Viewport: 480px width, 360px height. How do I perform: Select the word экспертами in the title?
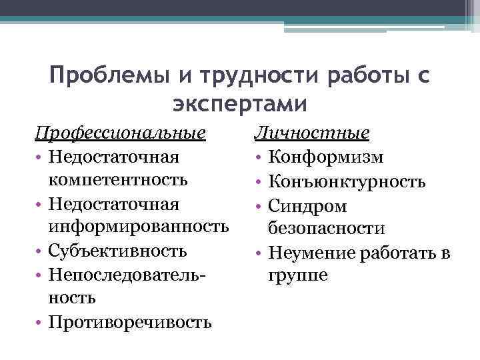click(x=240, y=104)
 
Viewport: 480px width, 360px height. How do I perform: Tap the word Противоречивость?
click(x=130, y=323)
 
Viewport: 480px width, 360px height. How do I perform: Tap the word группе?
click(x=298, y=275)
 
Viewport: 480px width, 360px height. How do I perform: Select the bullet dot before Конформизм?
click(x=259, y=157)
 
